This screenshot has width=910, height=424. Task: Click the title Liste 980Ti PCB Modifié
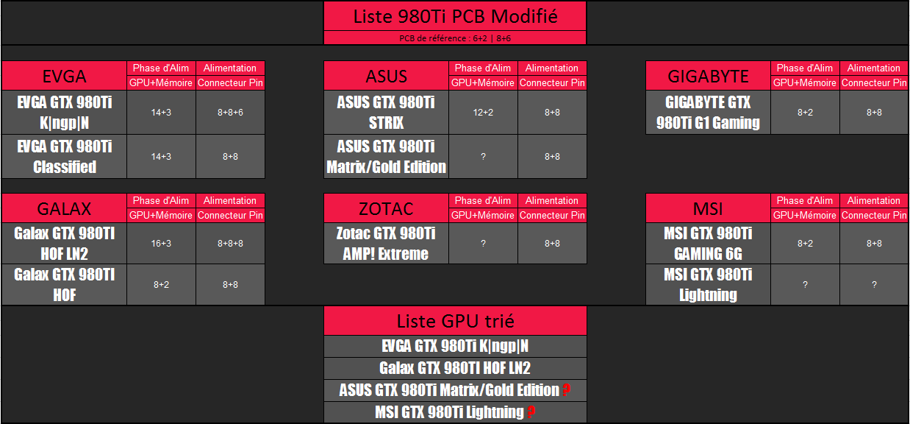455,16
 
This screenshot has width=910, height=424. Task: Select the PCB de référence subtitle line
455,38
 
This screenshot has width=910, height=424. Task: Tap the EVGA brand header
64,76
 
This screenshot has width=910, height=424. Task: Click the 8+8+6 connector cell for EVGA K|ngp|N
230,113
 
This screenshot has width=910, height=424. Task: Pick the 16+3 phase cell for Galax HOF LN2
161,244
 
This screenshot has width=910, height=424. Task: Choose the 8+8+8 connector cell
230,244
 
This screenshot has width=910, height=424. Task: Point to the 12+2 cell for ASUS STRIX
483,113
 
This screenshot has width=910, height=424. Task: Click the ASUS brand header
387,76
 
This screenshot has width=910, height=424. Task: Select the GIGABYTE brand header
708,76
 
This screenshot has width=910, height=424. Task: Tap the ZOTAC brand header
387,209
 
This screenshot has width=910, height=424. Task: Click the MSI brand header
708,209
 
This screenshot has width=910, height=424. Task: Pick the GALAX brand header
64,209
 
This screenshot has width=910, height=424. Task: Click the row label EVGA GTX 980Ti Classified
64,157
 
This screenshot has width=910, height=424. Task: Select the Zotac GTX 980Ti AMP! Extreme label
386,244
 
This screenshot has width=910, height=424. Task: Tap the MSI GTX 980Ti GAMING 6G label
708,244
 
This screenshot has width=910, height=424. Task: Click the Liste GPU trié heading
456,321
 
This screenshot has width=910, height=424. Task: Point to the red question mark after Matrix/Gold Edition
567,390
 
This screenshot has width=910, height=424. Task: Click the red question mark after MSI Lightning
531,412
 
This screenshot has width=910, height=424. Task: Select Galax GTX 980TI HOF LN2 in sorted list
455,368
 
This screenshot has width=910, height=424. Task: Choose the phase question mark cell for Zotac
483,244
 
